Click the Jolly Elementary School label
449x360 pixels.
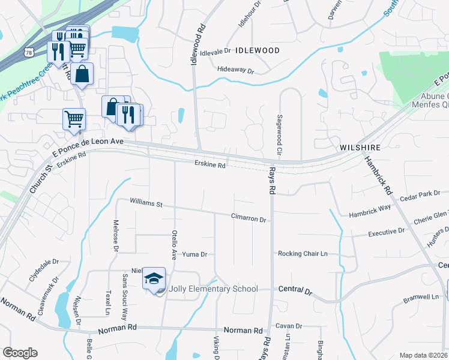click(x=214, y=289)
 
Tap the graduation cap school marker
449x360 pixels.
click(x=154, y=278)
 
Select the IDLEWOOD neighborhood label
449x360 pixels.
click(x=258, y=50)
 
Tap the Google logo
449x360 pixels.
click(x=20, y=353)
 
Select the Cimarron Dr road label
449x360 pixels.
click(x=249, y=220)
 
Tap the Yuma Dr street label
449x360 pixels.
click(x=194, y=254)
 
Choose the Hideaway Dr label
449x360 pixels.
click(x=236, y=71)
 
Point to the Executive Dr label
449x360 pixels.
click(x=386, y=232)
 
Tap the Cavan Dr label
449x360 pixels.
click(x=289, y=326)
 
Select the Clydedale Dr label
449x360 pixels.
click(x=44, y=271)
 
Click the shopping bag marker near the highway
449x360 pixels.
click(x=84, y=74)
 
